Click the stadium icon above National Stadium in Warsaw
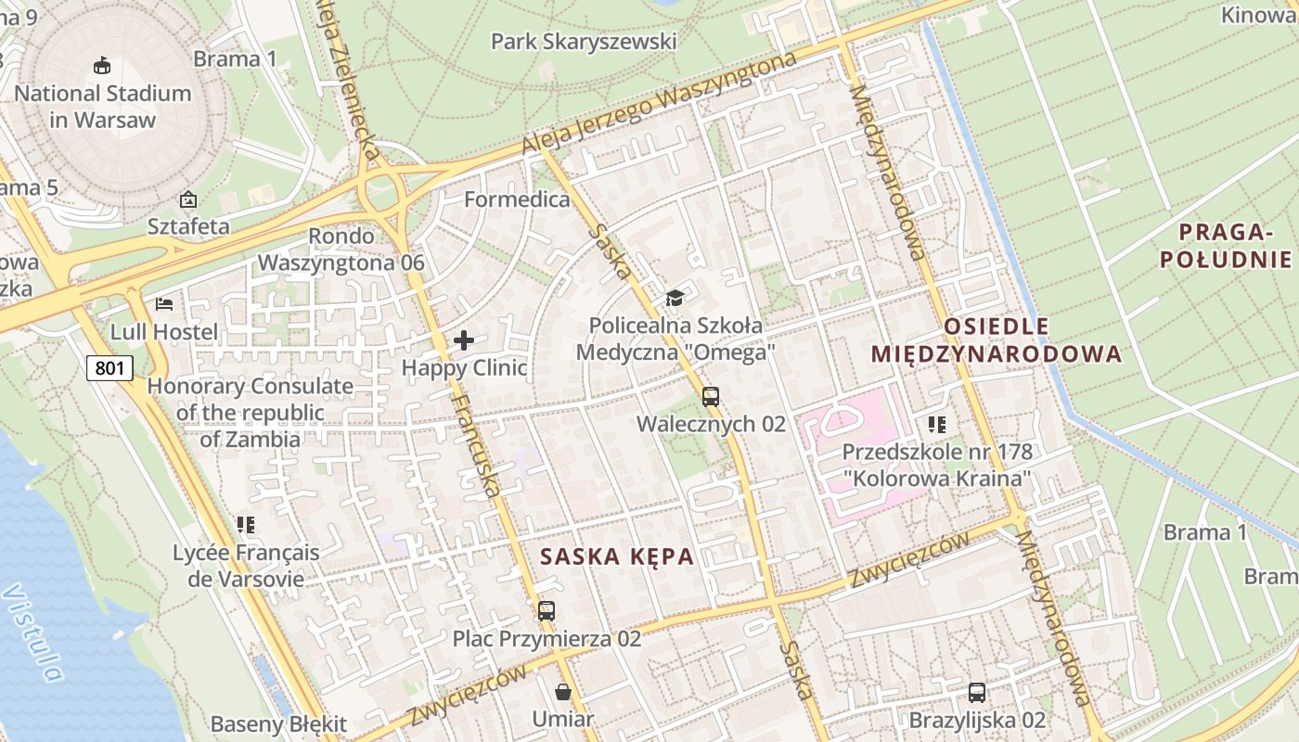102,66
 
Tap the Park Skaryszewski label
584,42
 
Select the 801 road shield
109,368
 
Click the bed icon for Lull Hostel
164,303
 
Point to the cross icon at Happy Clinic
464,340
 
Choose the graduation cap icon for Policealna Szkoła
675,298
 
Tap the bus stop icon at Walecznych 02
711,397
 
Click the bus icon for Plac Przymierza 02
547,611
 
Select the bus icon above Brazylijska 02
977,692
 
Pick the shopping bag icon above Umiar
563,692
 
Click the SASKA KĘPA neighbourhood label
617,556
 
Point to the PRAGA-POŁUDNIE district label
1226,245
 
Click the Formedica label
517,199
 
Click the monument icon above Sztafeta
188,199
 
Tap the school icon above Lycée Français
246,525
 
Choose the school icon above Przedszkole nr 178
937,425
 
